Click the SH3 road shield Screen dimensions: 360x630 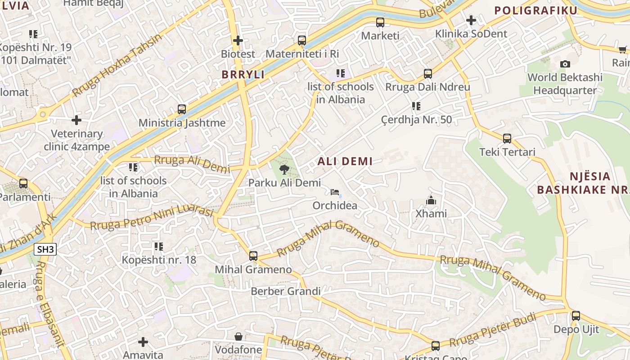pos(45,249)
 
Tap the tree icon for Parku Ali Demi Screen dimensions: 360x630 pos(284,170)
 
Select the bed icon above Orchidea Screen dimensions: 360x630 pos(335,192)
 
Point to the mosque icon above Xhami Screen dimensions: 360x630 pos(431,200)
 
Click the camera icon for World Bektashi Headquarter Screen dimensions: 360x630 pos(565,64)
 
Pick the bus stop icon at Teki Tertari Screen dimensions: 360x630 pos(507,138)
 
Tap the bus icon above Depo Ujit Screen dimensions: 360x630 pos(576,315)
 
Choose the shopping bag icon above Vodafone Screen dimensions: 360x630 pos(238,337)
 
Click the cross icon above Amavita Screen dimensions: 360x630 pos(143,342)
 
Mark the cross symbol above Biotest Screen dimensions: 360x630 pos(238,40)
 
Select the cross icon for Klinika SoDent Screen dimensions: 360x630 pos(471,20)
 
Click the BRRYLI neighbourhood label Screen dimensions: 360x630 pos(243,75)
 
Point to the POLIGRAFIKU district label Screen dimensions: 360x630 pos(535,10)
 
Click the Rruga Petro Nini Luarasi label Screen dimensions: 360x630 pos(152,217)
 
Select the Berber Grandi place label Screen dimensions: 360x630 pos(286,291)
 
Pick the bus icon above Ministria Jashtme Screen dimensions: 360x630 pos(182,109)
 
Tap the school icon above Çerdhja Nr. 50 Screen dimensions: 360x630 pos(416,106)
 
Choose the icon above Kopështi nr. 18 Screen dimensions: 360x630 pos(159,246)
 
